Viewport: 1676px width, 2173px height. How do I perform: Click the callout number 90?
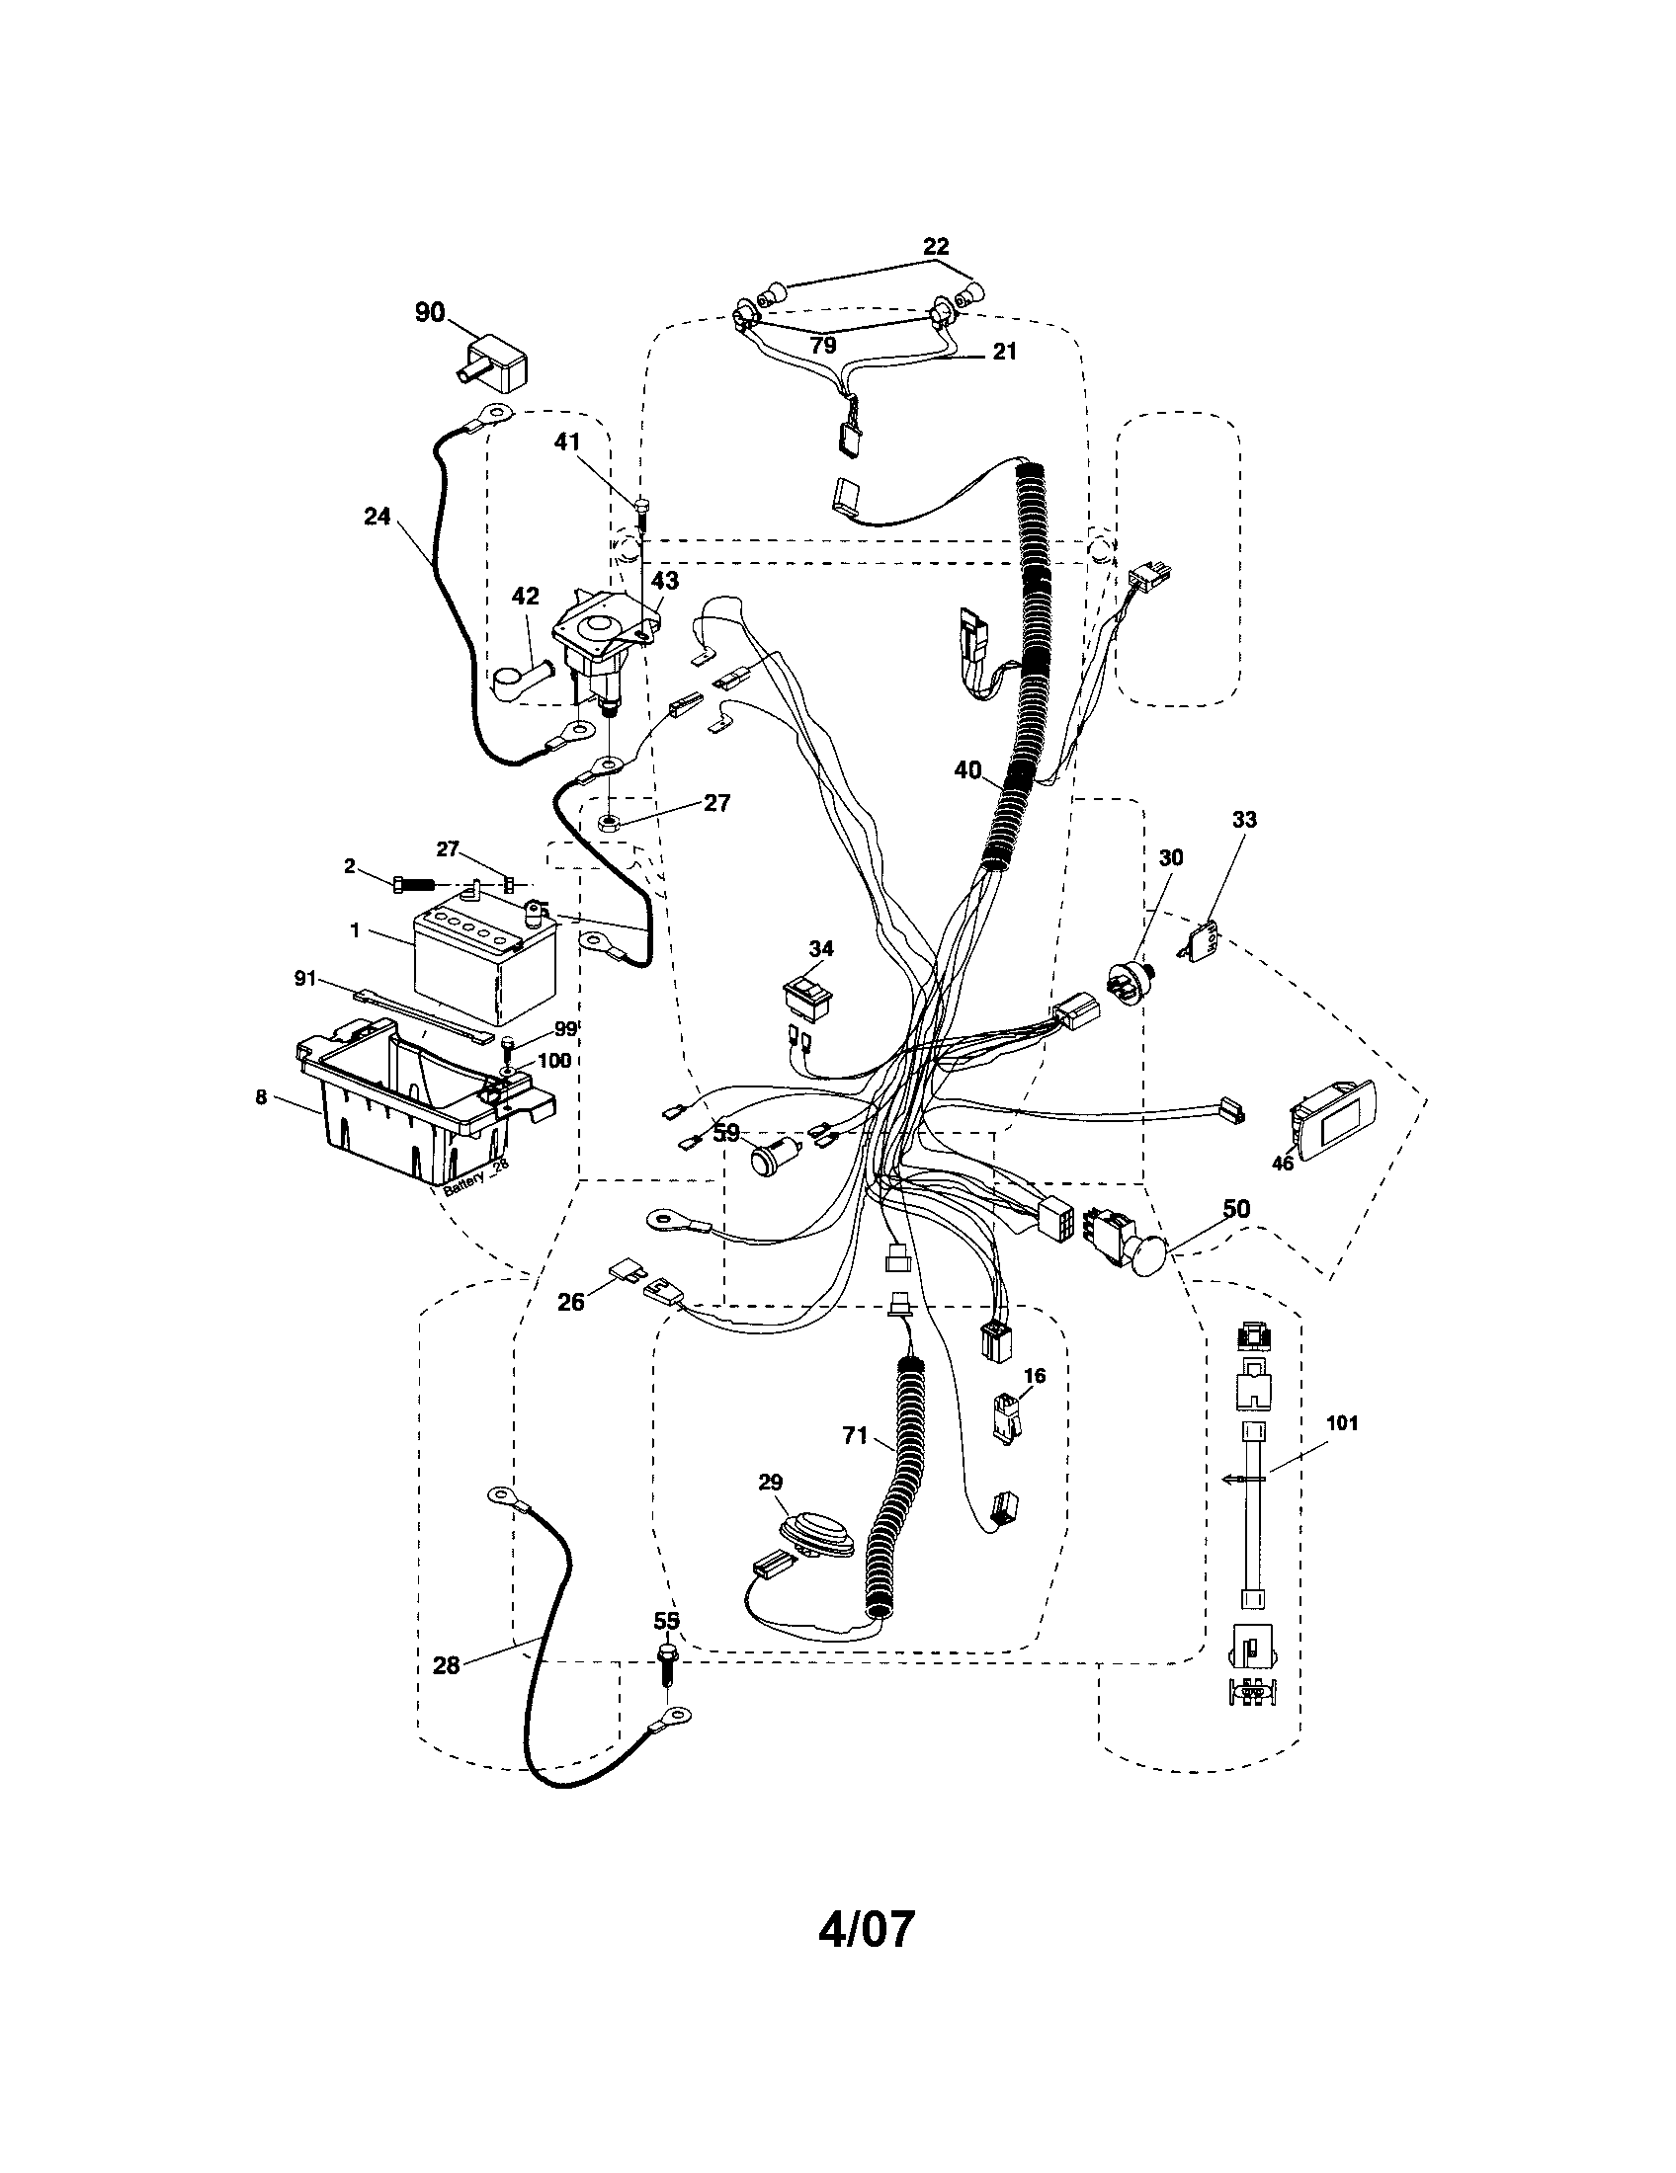(x=430, y=312)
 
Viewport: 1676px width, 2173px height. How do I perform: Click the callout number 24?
(x=377, y=517)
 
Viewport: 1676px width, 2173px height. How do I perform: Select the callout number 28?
(x=447, y=1664)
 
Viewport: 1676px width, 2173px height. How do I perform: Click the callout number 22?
(x=936, y=246)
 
